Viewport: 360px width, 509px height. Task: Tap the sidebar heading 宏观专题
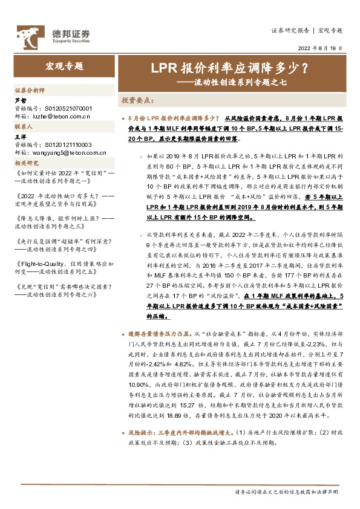point(65,66)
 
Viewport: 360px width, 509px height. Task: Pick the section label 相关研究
point(27,163)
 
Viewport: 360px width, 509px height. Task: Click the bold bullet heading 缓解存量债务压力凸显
point(160,334)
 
